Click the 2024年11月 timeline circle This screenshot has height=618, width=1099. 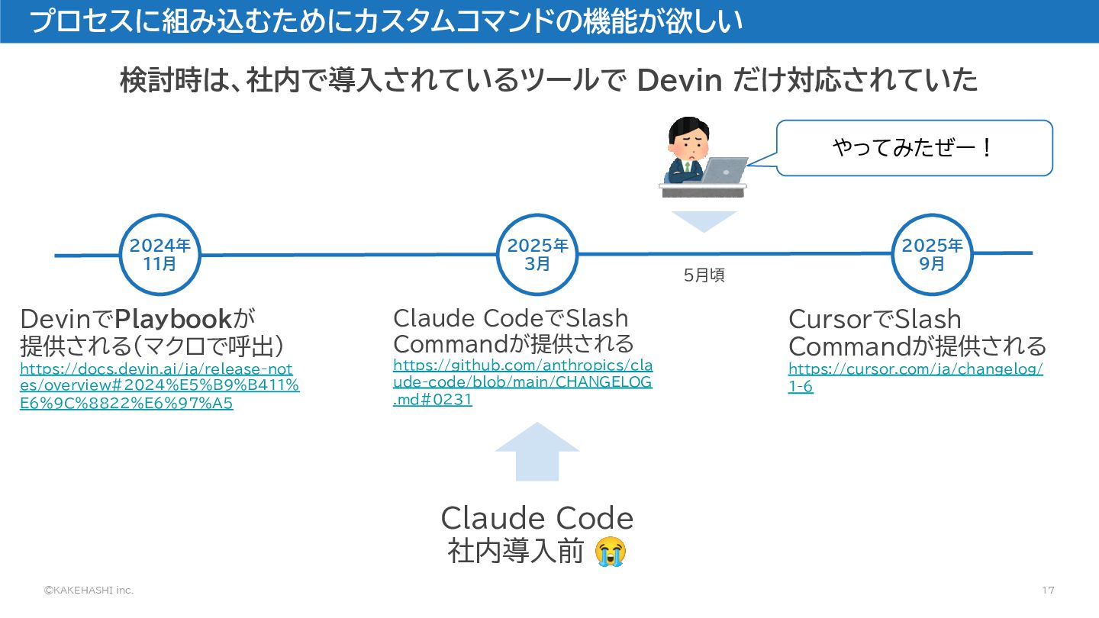160,255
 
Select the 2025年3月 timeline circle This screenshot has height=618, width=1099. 538,255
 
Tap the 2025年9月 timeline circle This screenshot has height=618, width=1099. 932,255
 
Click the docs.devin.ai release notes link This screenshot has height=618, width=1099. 159,386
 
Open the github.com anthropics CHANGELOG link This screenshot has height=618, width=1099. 522,381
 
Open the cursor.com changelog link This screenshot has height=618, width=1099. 915,378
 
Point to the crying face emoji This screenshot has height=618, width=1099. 611,552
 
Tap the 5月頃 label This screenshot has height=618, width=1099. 704,276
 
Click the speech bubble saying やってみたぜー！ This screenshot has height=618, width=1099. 914,148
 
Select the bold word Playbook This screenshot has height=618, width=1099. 173,318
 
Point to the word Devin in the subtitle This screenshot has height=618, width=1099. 679,80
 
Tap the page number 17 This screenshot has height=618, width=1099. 1048,591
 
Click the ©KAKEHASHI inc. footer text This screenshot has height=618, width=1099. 88,591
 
